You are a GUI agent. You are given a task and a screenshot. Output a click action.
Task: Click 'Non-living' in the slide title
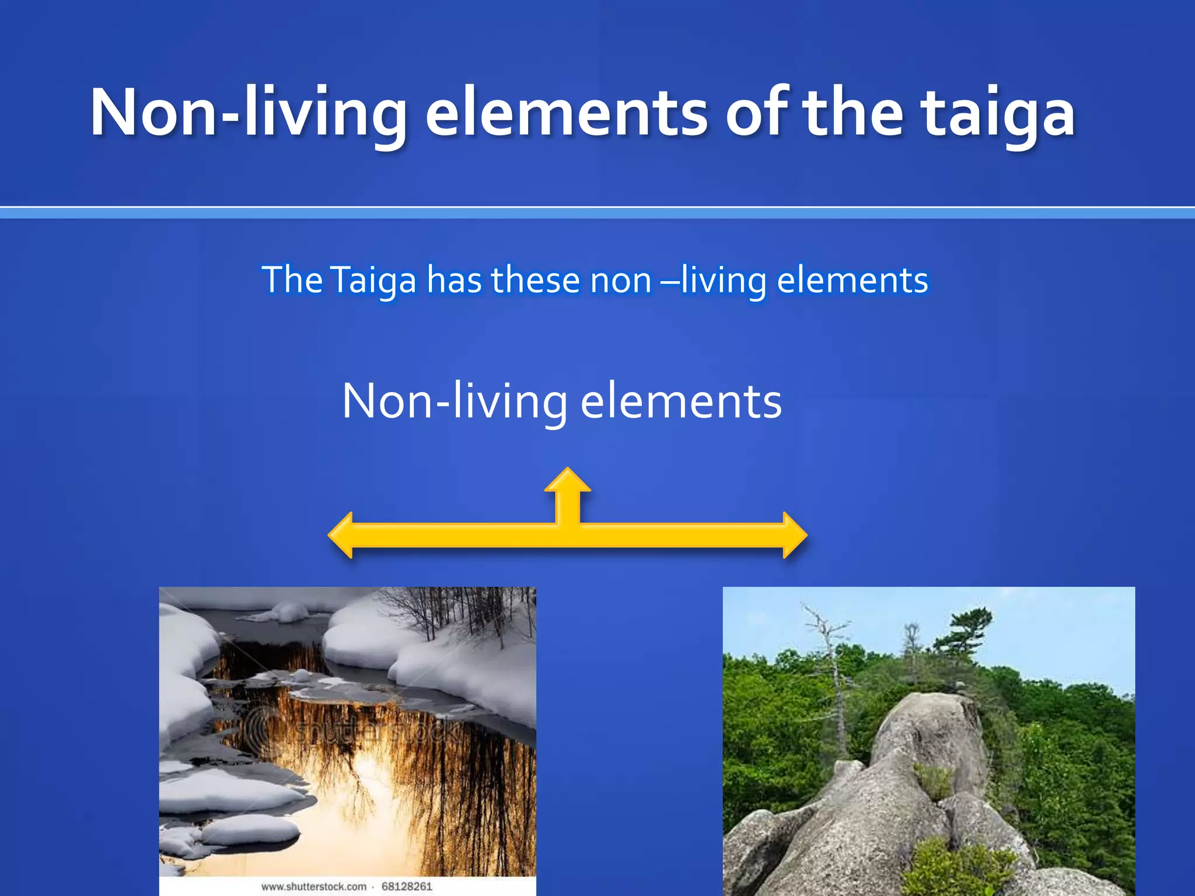(248, 112)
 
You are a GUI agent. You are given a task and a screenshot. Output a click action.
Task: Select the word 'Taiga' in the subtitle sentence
(373, 280)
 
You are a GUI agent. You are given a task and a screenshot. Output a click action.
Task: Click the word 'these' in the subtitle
(535, 280)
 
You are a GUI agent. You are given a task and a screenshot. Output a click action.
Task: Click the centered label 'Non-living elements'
(561, 401)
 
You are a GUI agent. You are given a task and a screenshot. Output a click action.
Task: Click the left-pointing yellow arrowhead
(342, 535)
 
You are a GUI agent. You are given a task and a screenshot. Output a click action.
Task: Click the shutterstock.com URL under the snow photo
(314, 887)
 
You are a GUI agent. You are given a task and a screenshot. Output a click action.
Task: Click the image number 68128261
(407, 887)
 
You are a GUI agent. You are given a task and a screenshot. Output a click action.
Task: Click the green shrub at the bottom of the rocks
(957, 869)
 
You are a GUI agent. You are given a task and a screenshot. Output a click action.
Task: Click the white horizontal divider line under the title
(597, 207)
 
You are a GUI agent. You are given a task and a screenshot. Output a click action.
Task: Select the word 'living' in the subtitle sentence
(724, 280)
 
